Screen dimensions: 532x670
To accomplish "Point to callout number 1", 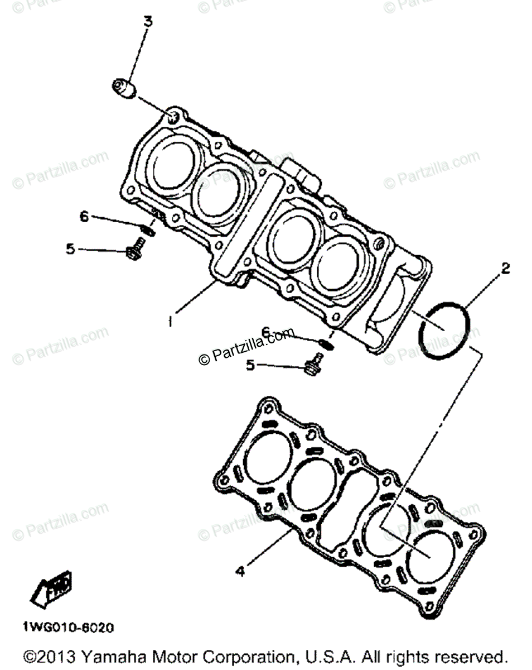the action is point(171,322).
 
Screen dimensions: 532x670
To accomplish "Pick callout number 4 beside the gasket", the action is point(240,571).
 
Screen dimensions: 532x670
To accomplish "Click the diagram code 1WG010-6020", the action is point(68,628).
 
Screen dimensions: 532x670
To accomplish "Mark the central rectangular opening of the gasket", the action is point(341,502).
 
